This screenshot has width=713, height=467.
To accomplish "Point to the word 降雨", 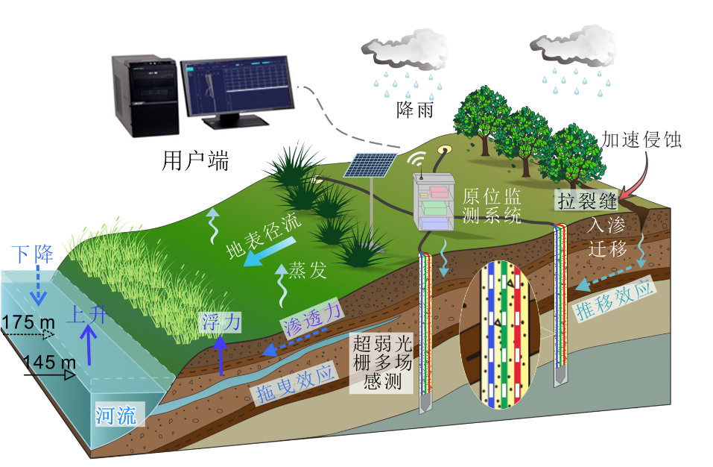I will point(415,111).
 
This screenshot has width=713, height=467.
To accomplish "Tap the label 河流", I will point(115,415).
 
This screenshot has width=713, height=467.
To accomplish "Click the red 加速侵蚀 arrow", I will point(628,184).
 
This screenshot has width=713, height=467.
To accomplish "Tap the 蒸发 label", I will point(308,270).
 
